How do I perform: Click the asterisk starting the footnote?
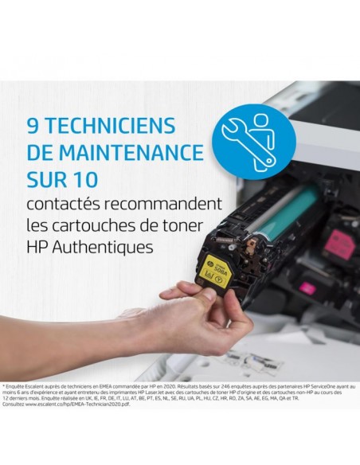(5, 385)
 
